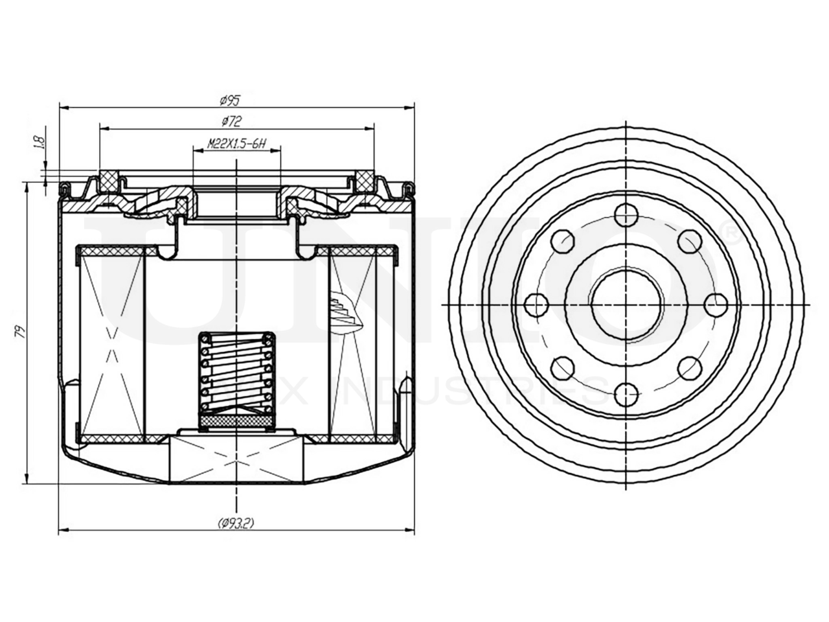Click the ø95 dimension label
click(x=230, y=100)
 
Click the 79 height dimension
click(x=21, y=332)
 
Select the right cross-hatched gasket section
click(x=366, y=181)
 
